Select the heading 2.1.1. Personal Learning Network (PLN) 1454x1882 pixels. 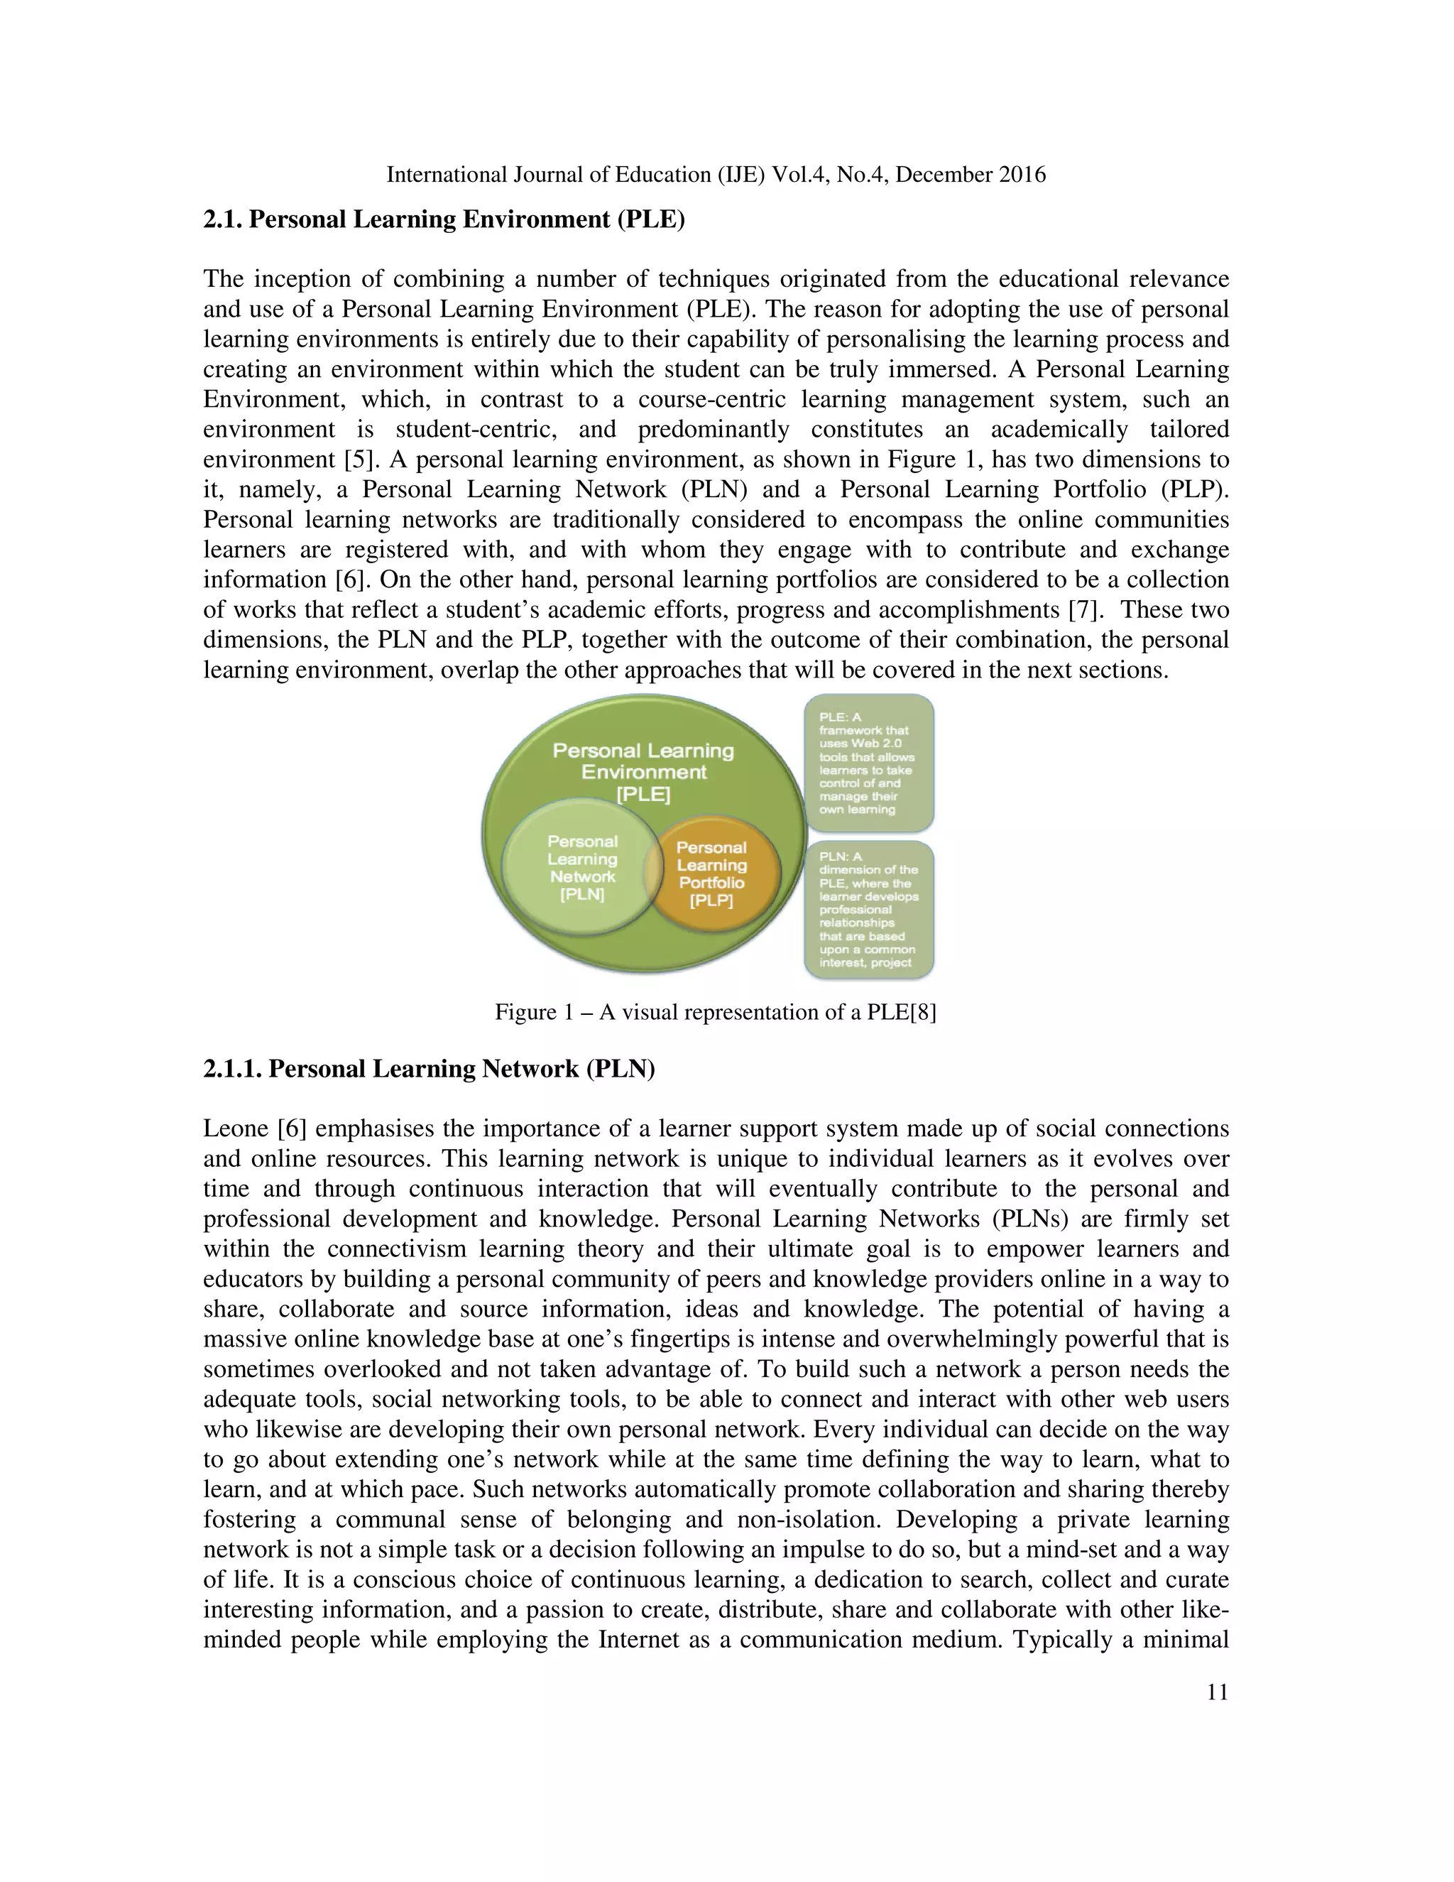[x=429, y=1069]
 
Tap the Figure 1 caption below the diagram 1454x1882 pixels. [x=715, y=1011]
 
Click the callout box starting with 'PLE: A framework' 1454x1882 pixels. [x=868, y=763]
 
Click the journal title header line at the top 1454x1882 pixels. [x=715, y=175]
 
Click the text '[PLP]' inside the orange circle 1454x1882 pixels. [x=711, y=901]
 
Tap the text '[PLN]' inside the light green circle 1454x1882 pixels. [x=582, y=894]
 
